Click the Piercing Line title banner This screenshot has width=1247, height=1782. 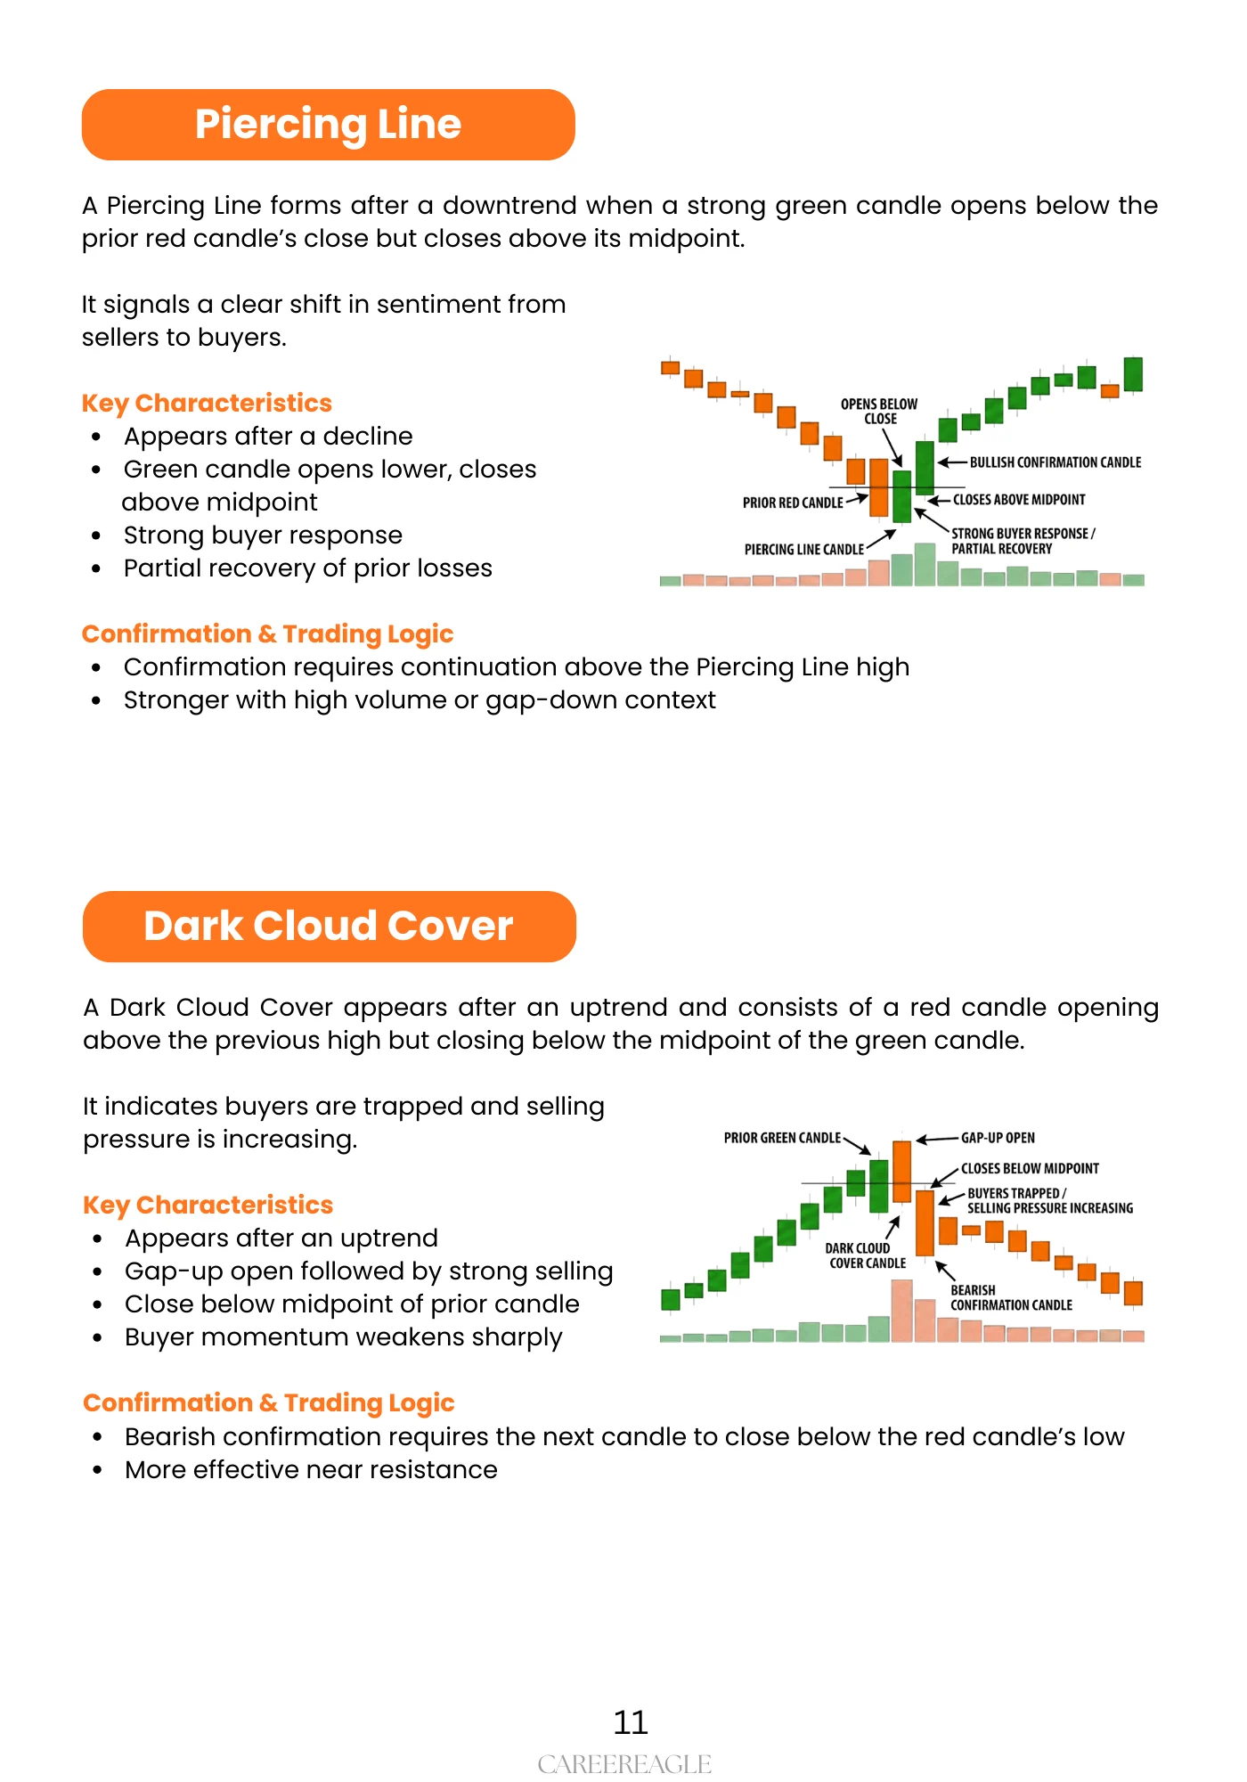click(x=328, y=125)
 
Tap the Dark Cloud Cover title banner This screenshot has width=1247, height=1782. click(x=329, y=927)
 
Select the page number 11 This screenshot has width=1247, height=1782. click(x=631, y=1722)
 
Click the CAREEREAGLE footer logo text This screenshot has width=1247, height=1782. click(x=624, y=1764)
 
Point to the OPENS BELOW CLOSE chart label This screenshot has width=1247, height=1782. click(x=879, y=411)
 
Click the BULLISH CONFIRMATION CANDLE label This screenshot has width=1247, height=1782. click(x=1055, y=462)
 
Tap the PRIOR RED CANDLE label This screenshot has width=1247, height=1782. click(x=792, y=503)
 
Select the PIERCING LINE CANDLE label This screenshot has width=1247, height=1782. click(x=803, y=550)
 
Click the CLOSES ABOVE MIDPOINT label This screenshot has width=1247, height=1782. click(x=1019, y=500)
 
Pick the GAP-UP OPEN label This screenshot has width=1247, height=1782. click(x=998, y=1138)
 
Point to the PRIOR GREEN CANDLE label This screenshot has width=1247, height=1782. click(x=782, y=1138)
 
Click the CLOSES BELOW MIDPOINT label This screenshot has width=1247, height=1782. click(x=1030, y=1168)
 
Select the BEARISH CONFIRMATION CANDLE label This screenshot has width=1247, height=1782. click(x=1011, y=1297)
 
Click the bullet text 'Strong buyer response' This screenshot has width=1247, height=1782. click(x=263, y=535)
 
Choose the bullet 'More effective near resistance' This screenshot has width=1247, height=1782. click(x=311, y=1470)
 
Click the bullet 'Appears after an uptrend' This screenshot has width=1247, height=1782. click(x=281, y=1238)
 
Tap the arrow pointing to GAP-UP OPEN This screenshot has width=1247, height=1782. click(x=937, y=1139)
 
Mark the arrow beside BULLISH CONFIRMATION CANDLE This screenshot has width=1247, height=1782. click(x=952, y=462)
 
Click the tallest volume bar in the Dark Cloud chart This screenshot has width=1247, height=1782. click(x=901, y=1311)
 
